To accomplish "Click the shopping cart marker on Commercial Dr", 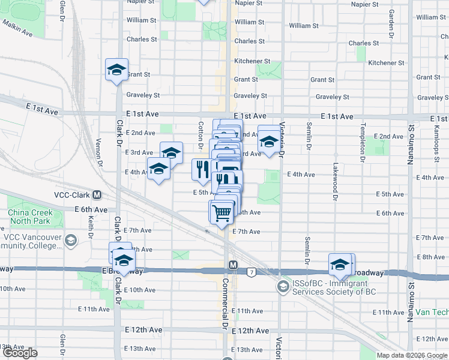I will point(221,212).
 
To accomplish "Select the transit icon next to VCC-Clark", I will point(97,195).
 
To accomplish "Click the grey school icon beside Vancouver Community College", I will point(71,241).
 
